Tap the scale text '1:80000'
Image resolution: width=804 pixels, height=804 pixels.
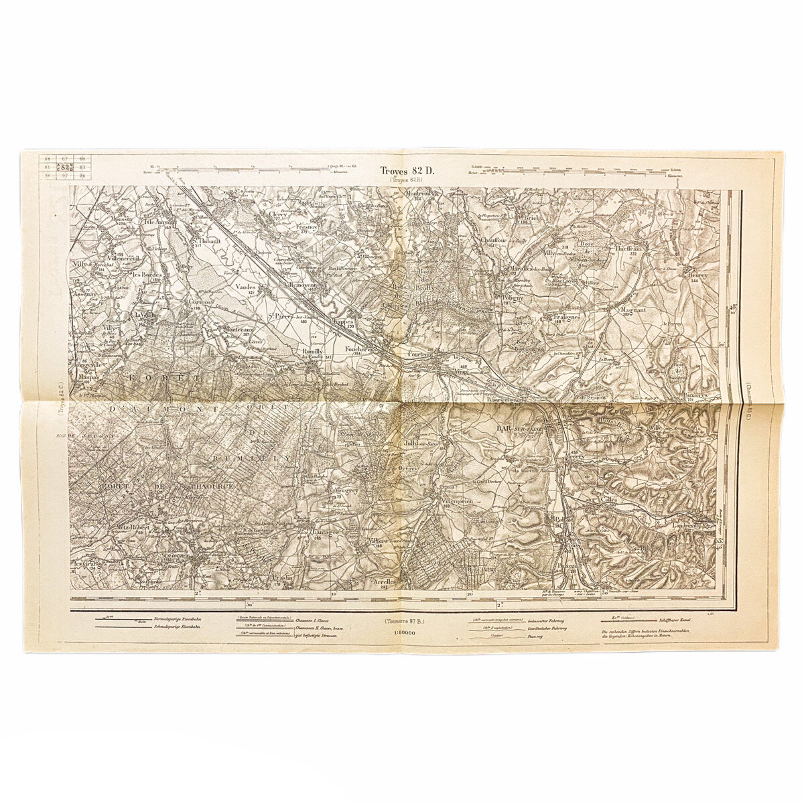pos(402,630)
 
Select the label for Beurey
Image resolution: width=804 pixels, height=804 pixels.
pos(696,275)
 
